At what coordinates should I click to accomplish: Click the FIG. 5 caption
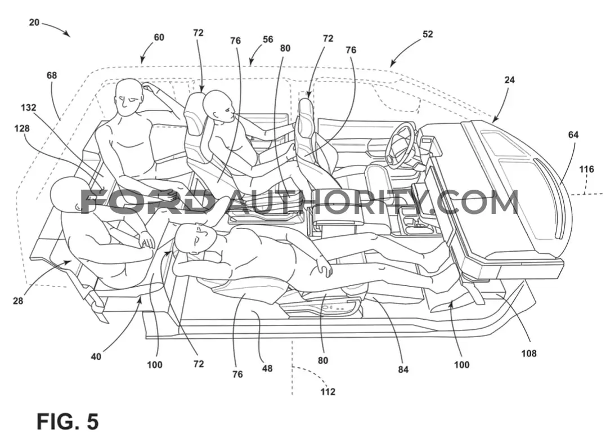(68, 422)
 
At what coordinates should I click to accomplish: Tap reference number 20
(34, 23)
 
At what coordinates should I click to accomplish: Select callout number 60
(159, 37)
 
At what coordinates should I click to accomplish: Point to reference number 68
(52, 75)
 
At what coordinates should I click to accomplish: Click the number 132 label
(28, 107)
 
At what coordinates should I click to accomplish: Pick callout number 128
(21, 128)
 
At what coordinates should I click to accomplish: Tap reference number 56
(268, 39)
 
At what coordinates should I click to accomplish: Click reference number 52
(428, 34)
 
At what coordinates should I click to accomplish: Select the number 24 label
(509, 80)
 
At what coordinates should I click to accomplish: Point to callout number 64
(573, 135)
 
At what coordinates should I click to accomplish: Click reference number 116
(586, 169)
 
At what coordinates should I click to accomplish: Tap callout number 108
(528, 353)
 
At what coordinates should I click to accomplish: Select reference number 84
(403, 369)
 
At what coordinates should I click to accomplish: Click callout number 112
(327, 392)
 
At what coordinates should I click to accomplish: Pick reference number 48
(267, 369)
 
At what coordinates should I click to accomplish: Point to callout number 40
(96, 356)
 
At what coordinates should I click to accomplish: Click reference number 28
(18, 301)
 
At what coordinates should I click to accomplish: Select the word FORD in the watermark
(147, 202)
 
